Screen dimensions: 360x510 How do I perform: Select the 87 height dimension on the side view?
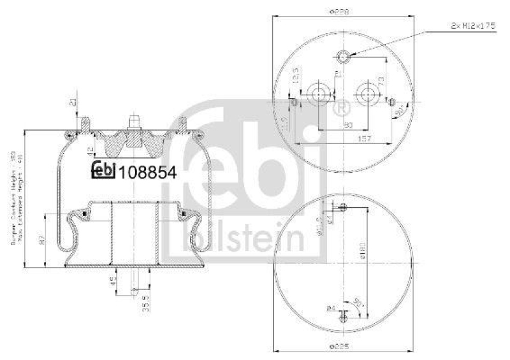coord(42,241)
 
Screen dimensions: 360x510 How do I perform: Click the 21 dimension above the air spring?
coord(73,103)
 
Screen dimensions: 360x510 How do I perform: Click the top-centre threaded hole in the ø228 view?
coord(344,59)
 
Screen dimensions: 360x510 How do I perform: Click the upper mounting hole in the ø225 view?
coord(344,206)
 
